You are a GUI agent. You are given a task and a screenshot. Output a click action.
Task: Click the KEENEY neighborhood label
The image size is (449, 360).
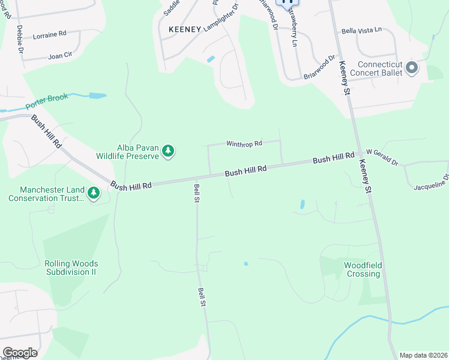coord(184,29)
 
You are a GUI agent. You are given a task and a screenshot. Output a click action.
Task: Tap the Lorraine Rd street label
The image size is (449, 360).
coord(49,35)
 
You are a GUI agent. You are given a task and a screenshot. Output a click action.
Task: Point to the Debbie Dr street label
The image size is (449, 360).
coord(19,38)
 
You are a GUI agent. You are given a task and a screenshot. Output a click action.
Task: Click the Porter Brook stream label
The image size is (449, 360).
coord(48,103)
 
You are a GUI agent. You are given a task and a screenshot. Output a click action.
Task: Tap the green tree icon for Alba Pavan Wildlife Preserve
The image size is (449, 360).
coord(169,151)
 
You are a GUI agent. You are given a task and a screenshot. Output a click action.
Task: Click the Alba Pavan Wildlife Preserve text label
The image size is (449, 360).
coord(127,151)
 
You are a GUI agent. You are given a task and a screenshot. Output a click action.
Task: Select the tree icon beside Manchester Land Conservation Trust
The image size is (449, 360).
coord(93,193)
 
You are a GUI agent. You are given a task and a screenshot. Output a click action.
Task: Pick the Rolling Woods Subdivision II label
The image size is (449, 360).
coord(71,268)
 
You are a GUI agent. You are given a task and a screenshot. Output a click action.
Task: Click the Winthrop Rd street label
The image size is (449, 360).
coord(244,144)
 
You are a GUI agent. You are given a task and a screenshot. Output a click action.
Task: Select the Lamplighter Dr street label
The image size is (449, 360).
coord(221,18)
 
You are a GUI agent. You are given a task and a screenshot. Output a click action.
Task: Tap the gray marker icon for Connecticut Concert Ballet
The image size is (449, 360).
coord(412,68)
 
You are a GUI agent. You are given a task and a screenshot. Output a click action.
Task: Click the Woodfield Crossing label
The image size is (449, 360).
coord(363,269)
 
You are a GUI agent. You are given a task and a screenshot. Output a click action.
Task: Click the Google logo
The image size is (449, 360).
coord(20,353)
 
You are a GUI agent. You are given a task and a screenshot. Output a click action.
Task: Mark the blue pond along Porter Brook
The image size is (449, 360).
coord(97,95)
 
